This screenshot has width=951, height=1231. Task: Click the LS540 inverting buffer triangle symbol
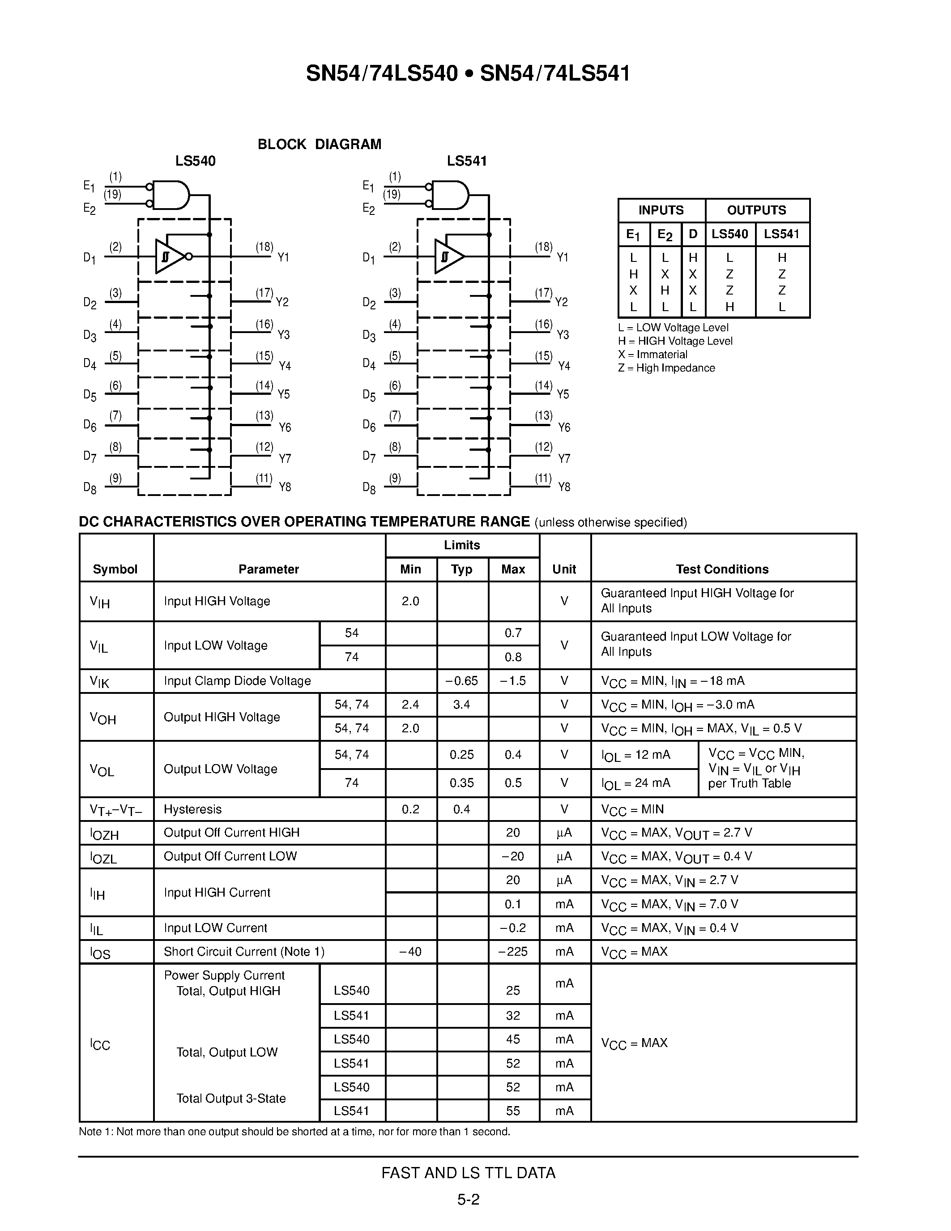pyautogui.click(x=171, y=257)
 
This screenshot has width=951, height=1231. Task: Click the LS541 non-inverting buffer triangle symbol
pyautogui.click(x=449, y=257)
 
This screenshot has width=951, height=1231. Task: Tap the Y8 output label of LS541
pyautogui.click(x=564, y=487)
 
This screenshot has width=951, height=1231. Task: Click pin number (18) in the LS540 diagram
pyautogui.click(x=264, y=247)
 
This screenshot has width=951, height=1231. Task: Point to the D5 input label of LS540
pyautogui.click(x=90, y=394)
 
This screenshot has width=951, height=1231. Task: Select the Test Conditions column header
pyautogui.click(x=722, y=569)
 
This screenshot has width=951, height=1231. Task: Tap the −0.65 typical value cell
pyautogui.click(x=462, y=681)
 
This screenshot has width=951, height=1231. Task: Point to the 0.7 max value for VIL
pyautogui.click(x=513, y=633)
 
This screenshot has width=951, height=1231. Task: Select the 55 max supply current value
pyautogui.click(x=513, y=1111)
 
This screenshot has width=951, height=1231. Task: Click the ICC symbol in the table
pyautogui.click(x=100, y=1044)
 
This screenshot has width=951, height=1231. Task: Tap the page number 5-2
pyautogui.click(x=468, y=1199)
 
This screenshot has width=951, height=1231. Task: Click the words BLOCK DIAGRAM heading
pyautogui.click(x=320, y=144)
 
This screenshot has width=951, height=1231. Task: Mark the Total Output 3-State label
pyautogui.click(x=231, y=1098)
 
